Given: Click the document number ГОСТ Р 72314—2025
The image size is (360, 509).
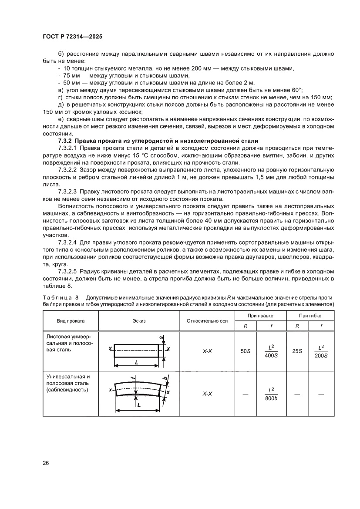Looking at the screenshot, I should tap(72, 37).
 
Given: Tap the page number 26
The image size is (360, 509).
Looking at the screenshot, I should tap(46, 462).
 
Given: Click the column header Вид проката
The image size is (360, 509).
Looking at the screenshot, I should tap(71, 320).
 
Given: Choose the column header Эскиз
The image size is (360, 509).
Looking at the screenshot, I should tap(139, 320).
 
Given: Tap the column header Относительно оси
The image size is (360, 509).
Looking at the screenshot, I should tap(207, 320).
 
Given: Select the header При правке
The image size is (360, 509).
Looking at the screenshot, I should tap(260, 315).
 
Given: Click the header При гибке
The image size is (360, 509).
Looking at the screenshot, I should tap(310, 315).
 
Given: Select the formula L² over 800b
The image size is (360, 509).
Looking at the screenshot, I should tap(271, 394).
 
